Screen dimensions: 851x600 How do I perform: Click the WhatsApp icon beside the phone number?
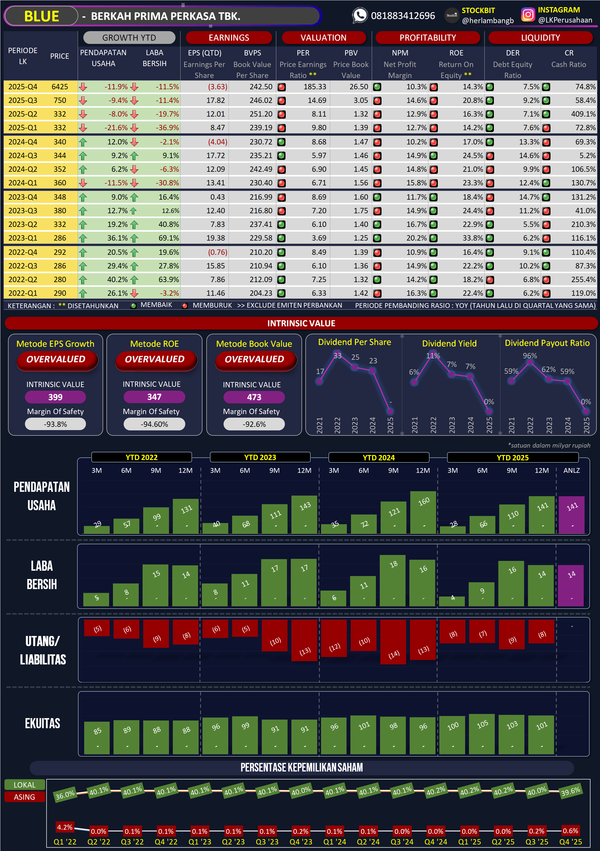[x=360, y=15]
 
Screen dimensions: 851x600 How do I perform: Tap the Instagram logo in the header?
[x=528, y=15]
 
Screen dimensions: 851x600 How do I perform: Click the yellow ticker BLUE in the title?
[x=42, y=16]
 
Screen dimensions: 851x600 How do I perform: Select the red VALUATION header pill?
[x=323, y=37]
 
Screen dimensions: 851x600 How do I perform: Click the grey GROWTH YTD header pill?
[x=129, y=37]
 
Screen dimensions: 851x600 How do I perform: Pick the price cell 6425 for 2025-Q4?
[x=60, y=87]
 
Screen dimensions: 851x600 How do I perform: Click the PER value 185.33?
[x=315, y=87]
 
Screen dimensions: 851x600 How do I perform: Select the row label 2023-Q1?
[x=23, y=238]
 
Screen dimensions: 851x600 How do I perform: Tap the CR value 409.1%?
[x=583, y=114]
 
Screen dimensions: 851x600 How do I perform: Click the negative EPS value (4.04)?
[x=217, y=141]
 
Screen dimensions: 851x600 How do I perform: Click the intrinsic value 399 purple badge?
[x=55, y=397]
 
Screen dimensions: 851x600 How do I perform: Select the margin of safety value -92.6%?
[x=254, y=424]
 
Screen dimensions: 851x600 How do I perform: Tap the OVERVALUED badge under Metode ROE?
[x=155, y=359]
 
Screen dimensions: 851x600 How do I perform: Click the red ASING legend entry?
[x=24, y=797]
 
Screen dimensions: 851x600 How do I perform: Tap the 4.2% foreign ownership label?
[x=64, y=827]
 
